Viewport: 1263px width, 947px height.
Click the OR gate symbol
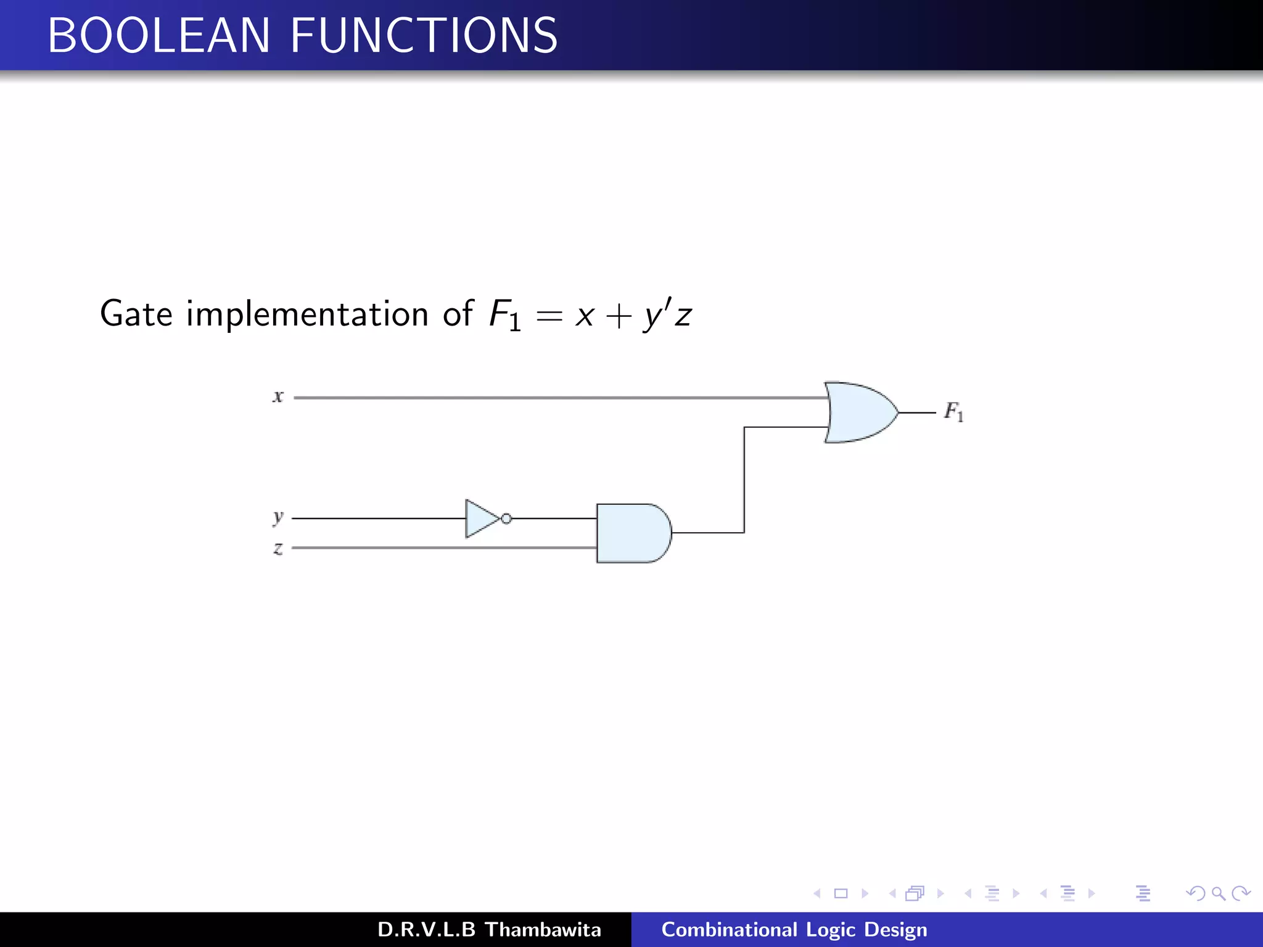(x=858, y=412)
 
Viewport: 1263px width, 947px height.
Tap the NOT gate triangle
(x=480, y=519)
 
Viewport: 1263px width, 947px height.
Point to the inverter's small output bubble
(x=506, y=519)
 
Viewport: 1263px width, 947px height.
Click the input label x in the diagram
(x=278, y=396)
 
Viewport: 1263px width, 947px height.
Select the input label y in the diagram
(x=278, y=517)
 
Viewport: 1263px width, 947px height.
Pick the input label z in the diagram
(x=278, y=548)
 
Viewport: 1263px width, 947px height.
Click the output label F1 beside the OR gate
(x=953, y=411)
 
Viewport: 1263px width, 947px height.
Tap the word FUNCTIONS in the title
(x=424, y=36)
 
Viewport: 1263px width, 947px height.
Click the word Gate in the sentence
(x=136, y=314)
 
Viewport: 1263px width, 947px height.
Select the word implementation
(x=307, y=314)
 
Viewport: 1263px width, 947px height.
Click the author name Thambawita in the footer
(x=543, y=930)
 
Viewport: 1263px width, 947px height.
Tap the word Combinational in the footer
(x=729, y=930)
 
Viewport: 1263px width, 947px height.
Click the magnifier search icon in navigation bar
(x=1218, y=893)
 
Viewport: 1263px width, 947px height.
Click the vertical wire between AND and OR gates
(x=744, y=480)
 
